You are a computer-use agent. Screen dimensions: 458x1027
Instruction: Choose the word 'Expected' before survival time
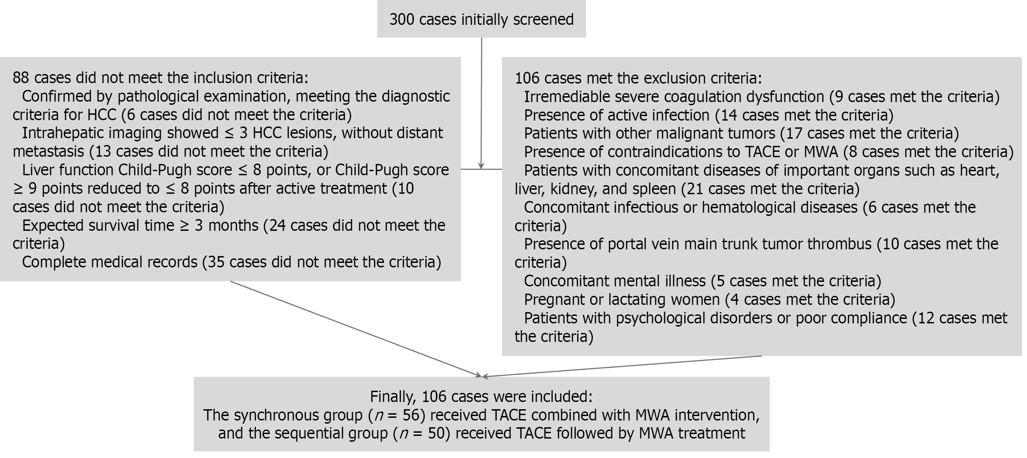[x=53, y=225]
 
